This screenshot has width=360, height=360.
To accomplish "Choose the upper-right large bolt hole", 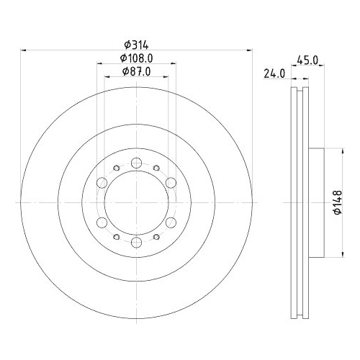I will coord(171,180).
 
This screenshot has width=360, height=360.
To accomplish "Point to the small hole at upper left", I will coord(116,167).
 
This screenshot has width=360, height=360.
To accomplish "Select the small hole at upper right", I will coord(156,167).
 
